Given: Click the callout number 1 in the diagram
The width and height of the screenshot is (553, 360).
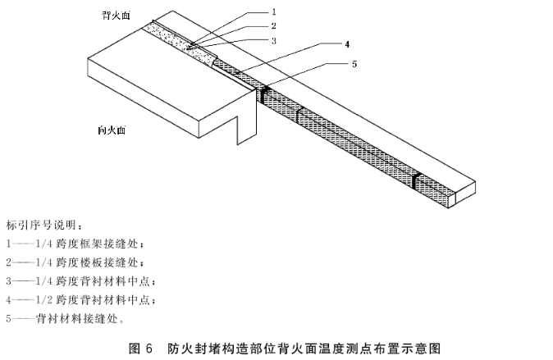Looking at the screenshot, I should coord(273,12).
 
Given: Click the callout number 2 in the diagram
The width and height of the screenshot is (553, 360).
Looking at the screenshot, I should coord(273,26).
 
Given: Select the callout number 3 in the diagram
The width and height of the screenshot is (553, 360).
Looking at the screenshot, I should coord(273,40).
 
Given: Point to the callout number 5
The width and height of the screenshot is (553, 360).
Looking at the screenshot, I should coord(354,63).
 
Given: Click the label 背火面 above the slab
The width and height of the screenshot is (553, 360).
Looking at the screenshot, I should coord(115,15).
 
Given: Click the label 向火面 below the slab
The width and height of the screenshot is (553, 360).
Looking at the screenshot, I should coord(111,130).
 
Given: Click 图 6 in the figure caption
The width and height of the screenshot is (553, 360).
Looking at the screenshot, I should coord(140,348).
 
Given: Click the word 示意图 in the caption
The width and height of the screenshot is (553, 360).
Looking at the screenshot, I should coord(427,348).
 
